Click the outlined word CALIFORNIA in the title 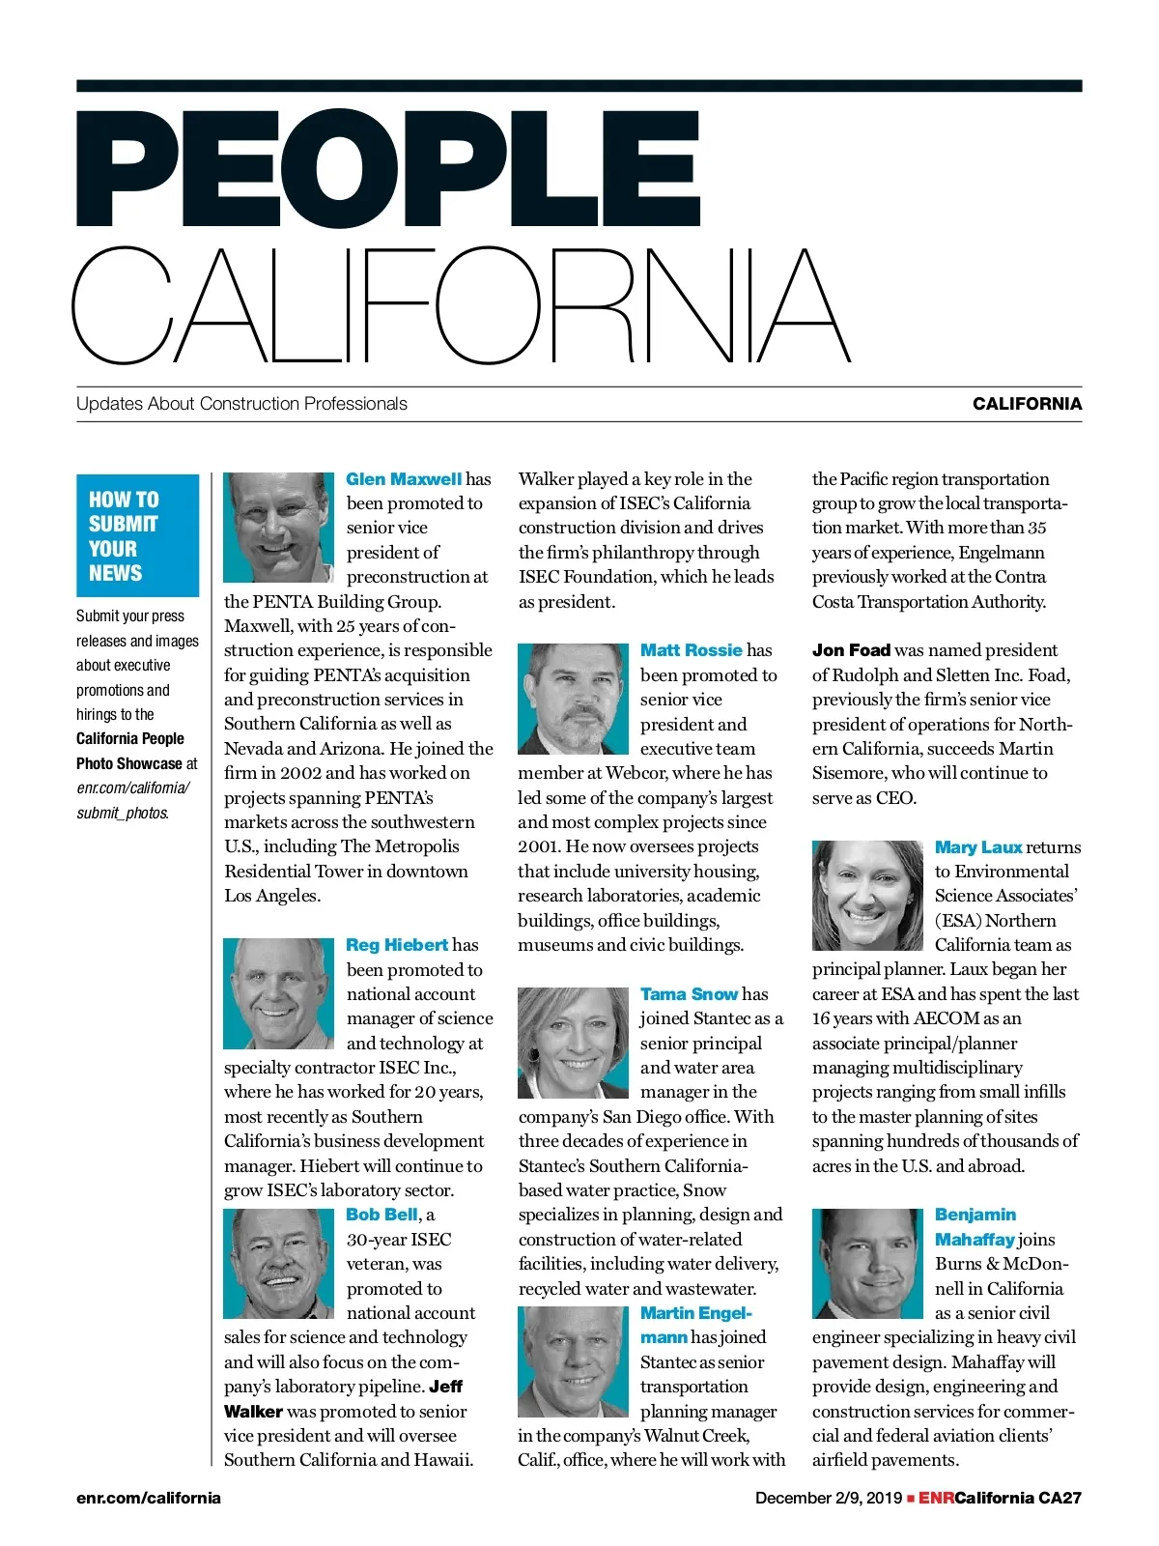[x=461, y=305]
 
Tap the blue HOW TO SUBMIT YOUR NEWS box [x=137, y=535]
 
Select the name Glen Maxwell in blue [x=404, y=479]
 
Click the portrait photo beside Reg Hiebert [x=278, y=993]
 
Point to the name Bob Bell [x=382, y=1215]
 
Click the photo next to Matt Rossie [x=573, y=699]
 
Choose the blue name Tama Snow [x=689, y=994]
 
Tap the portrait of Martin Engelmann [x=573, y=1361]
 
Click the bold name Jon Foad [x=851, y=650]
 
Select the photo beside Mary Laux [x=867, y=896]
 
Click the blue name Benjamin [x=975, y=1215]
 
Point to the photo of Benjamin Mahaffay [x=867, y=1264]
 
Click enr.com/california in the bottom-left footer [x=149, y=1499]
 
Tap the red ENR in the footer [x=936, y=1499]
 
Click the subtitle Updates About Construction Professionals [x=241, y=404]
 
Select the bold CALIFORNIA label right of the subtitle [x=1027, y=404]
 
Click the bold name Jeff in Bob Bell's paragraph [x=446, y=1387]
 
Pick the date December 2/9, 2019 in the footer [x=828, y=1499]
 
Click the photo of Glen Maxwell [x=278, y=528]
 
